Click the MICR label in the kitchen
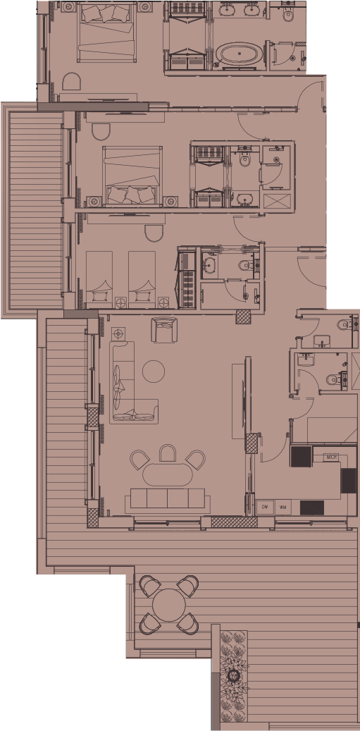[x=331, y=457]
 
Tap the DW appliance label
[x=266, y=507]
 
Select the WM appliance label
[x=283, y=507]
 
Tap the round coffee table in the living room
[x=154, y=371]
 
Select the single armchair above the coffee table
[x=163, y=329]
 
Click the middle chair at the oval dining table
[x=168, y=453]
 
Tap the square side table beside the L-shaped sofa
[x=118, y=332]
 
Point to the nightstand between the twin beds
[x=120, y=302]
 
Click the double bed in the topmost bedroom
[x=106, y=32]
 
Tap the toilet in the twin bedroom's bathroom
[x=244, y=266]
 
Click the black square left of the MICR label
[x=302, y=456]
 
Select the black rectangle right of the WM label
[x=311, y=506]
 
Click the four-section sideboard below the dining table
[x=168, y=500]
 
